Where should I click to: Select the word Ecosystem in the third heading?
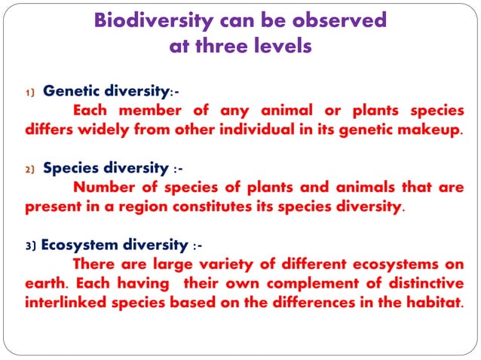point(79,245)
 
